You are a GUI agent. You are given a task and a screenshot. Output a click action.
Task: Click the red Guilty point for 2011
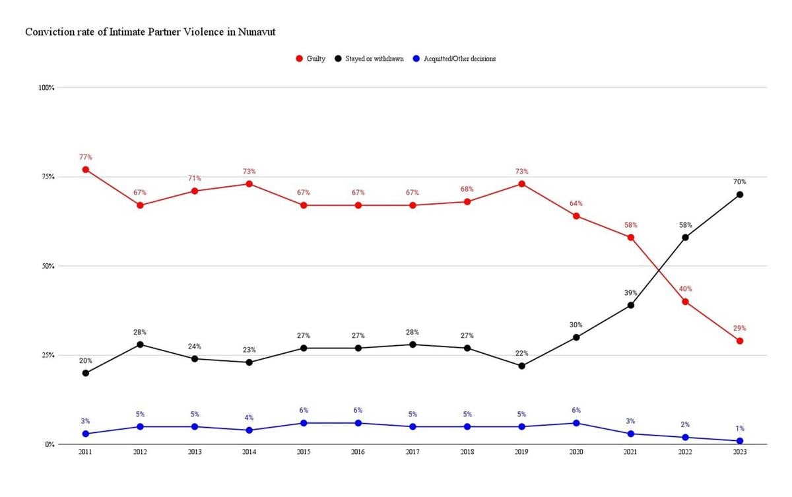(85, 170)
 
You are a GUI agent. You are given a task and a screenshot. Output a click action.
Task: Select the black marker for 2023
(740, 195)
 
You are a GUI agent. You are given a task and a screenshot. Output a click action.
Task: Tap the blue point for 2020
(576, 423)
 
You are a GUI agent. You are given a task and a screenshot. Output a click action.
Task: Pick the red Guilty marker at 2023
(740, 341)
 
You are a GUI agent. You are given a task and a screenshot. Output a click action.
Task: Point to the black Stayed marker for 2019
(521, 366)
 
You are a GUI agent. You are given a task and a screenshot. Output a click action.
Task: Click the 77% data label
(85, 157)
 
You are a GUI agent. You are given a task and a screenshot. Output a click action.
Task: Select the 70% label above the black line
(740, 182)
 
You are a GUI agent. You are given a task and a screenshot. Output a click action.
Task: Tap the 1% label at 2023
(740, 428)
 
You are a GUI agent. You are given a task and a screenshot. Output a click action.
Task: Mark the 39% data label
(630, 292)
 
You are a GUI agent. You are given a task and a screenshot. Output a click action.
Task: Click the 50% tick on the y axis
(48, 266)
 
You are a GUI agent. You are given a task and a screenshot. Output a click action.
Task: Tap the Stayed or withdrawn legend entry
(374, 59)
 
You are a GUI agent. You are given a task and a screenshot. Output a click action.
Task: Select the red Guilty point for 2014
(249, 183)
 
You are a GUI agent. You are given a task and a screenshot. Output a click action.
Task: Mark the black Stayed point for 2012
(140, 345)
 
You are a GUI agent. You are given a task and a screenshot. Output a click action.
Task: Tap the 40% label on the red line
(685, 289)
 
